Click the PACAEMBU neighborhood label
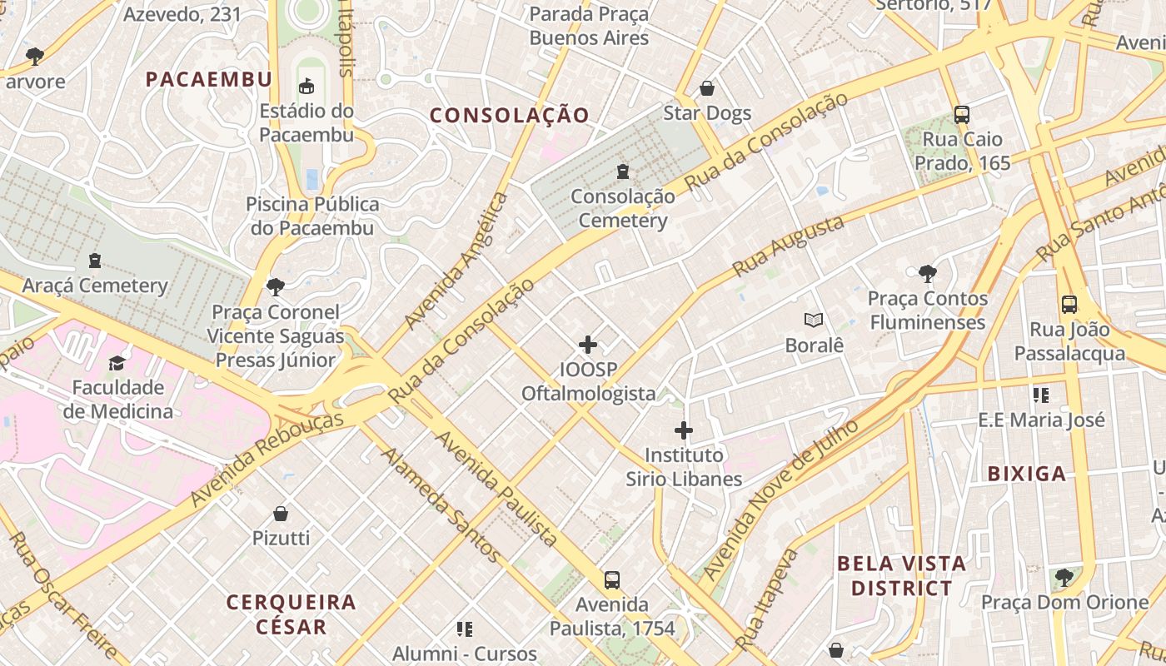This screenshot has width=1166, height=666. pyautogui.click(x=208, y=79)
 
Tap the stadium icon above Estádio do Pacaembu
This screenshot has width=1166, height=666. pyautogui.click(x=306, y=86)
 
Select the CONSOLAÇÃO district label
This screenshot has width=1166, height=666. pyautogui.click(x=510, y=116)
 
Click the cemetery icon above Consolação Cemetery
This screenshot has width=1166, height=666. pyautogui.click(x=622, y=172)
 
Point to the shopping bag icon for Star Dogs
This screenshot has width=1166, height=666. pyautogui.click(x=707, y=88)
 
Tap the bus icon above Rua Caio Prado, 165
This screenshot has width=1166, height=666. pyautogui.click(x=961, y=115)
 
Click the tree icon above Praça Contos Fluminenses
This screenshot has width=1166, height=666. pyautogui.click(x=927, y=274)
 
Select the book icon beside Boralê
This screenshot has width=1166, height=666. pyautogui.click(x=814, y=321)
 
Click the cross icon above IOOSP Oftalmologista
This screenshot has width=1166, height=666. pyautogui.click(x=588, y=345)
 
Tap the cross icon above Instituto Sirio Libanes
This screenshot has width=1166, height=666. pyautogui.click(x=684, y=430)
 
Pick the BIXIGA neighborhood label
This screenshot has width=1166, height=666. pyautogui.click(x=1026, y=474)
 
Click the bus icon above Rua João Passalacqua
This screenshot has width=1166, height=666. pyautogui.click(x=1069, y=305)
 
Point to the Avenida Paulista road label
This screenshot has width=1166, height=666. pyautogui.click(x=496, y=489)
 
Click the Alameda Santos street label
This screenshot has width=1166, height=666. pyautogui.click(x=441, y=504)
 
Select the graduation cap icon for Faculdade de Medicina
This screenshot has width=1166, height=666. pyautogui.click(x=117, y=364)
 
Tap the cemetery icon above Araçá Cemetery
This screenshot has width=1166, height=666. pyautogui.click(x=95, y=261)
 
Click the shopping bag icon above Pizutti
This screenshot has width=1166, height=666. pyautogui.click(x=281, y=514)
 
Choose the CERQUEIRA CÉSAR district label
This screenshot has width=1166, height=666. pyautogui.click(x=291, y=614)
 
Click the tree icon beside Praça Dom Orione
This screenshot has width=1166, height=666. pyautogui.click(x=1064, y=577)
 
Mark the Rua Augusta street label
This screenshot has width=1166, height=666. pyautogui.click(x=788, y=246)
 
